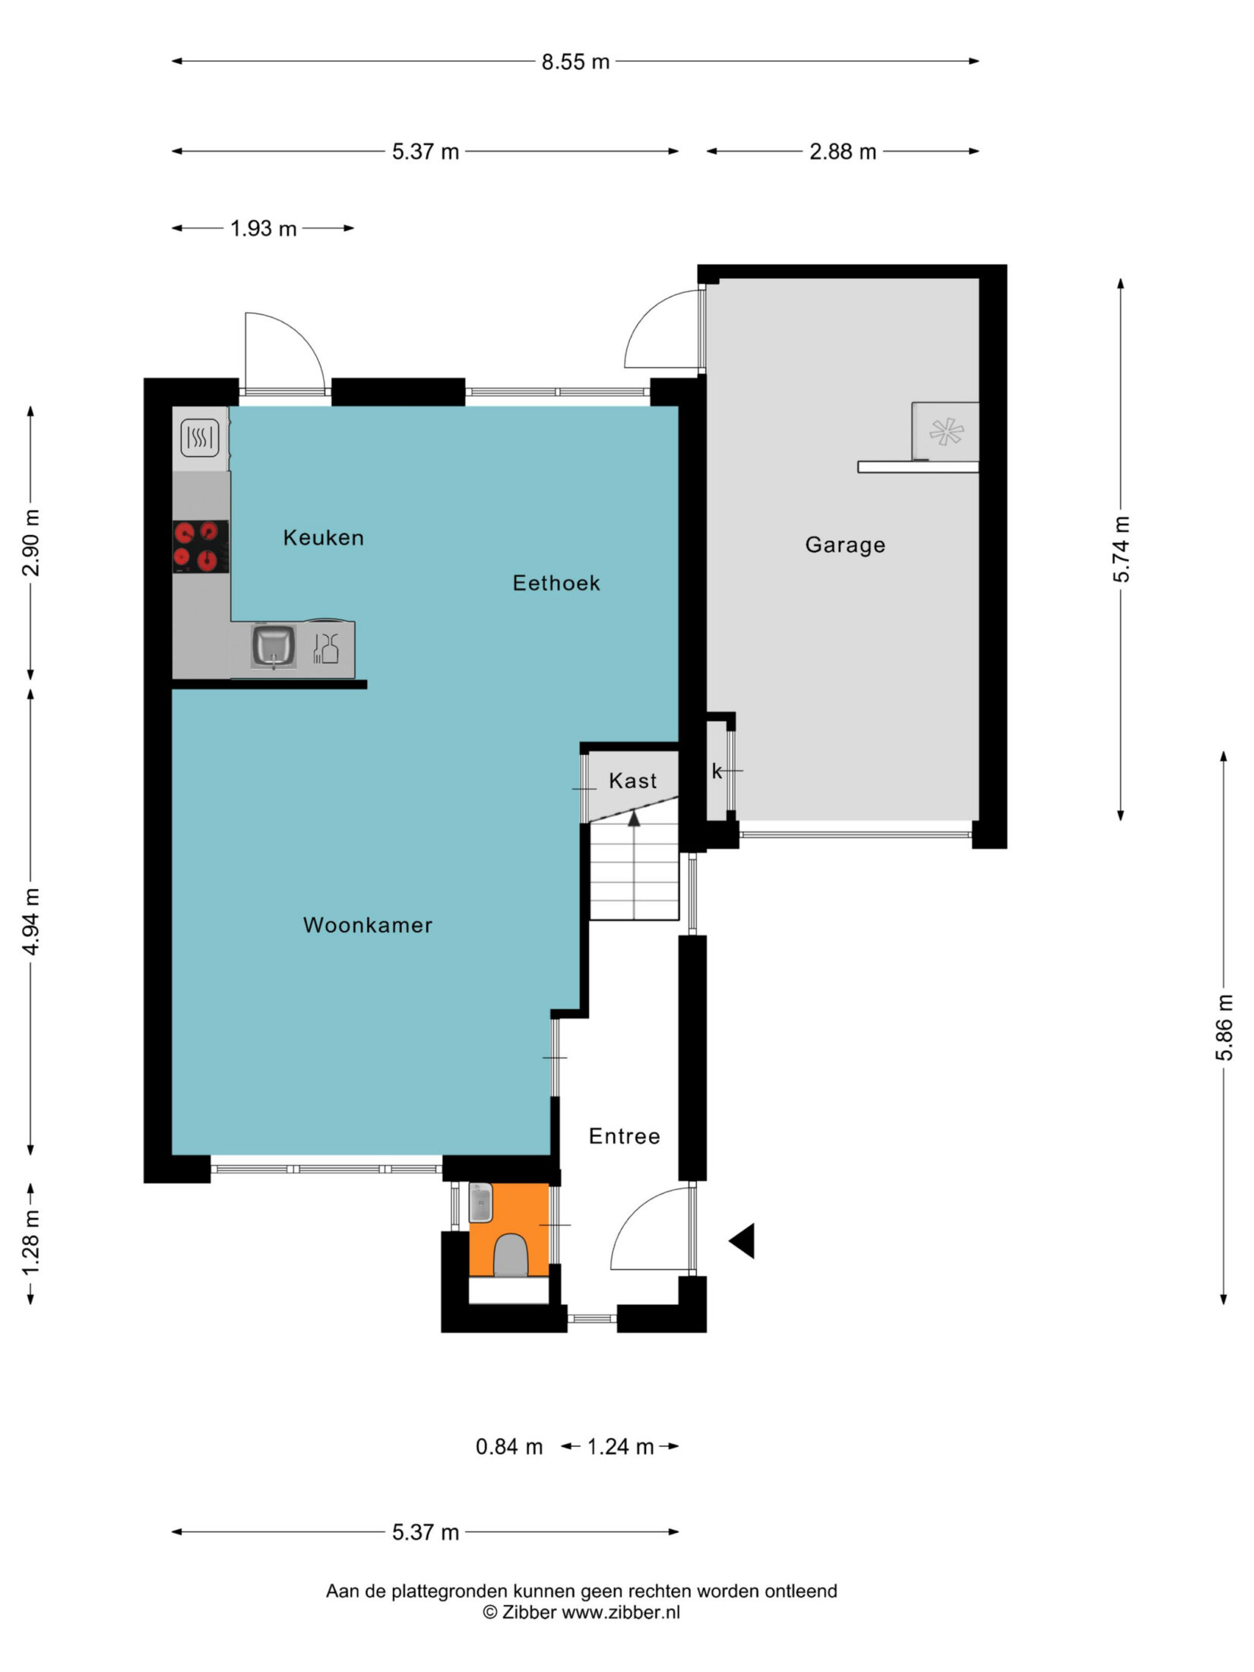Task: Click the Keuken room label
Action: (323, 537)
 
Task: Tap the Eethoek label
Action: (556, 583)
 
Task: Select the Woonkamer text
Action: (368, 925)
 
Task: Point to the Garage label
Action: (845, 545)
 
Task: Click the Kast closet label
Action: (632, 781)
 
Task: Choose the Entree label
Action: (624, 1136)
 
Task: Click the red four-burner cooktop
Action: (201, 546)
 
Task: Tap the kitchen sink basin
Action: (274, 647)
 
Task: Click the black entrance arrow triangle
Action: (743, 1241)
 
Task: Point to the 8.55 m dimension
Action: (575, 62)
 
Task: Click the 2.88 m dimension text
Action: (843, 152)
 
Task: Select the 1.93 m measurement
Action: (264, 229)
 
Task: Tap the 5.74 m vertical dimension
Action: (1122, 549)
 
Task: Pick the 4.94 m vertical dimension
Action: (31, 921)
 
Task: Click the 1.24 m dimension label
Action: (620, 1447)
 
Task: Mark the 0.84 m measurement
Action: (509, 1447)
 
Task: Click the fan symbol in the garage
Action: (946, 432)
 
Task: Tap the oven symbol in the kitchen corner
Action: (200, 438)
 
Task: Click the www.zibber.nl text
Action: (620, 1612)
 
